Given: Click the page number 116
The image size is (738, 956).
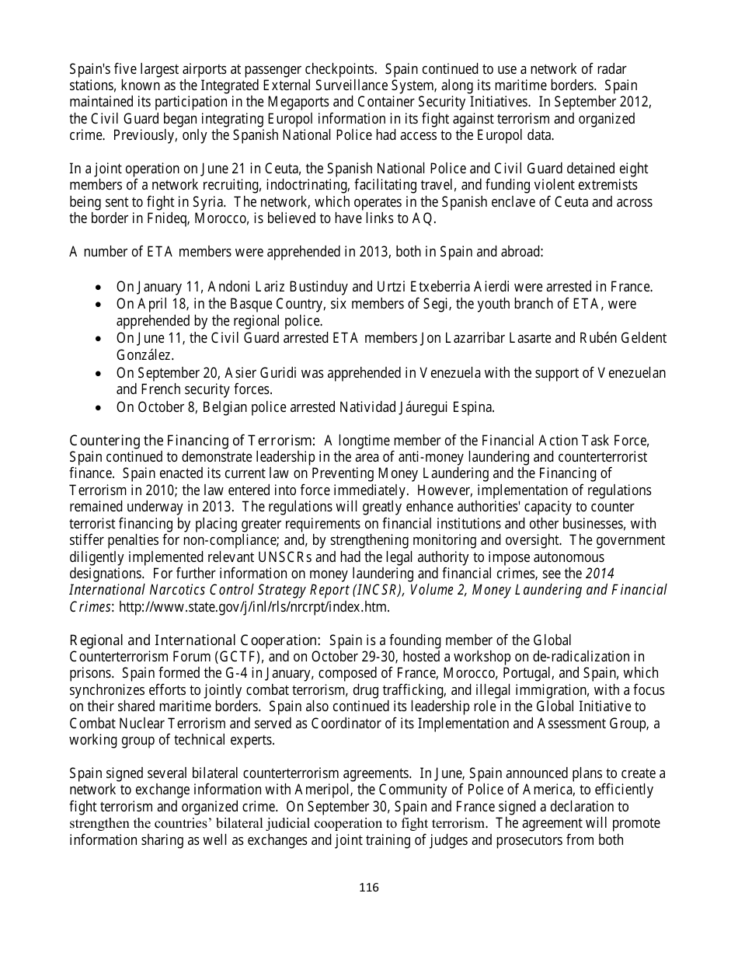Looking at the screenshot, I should (369, 888).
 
